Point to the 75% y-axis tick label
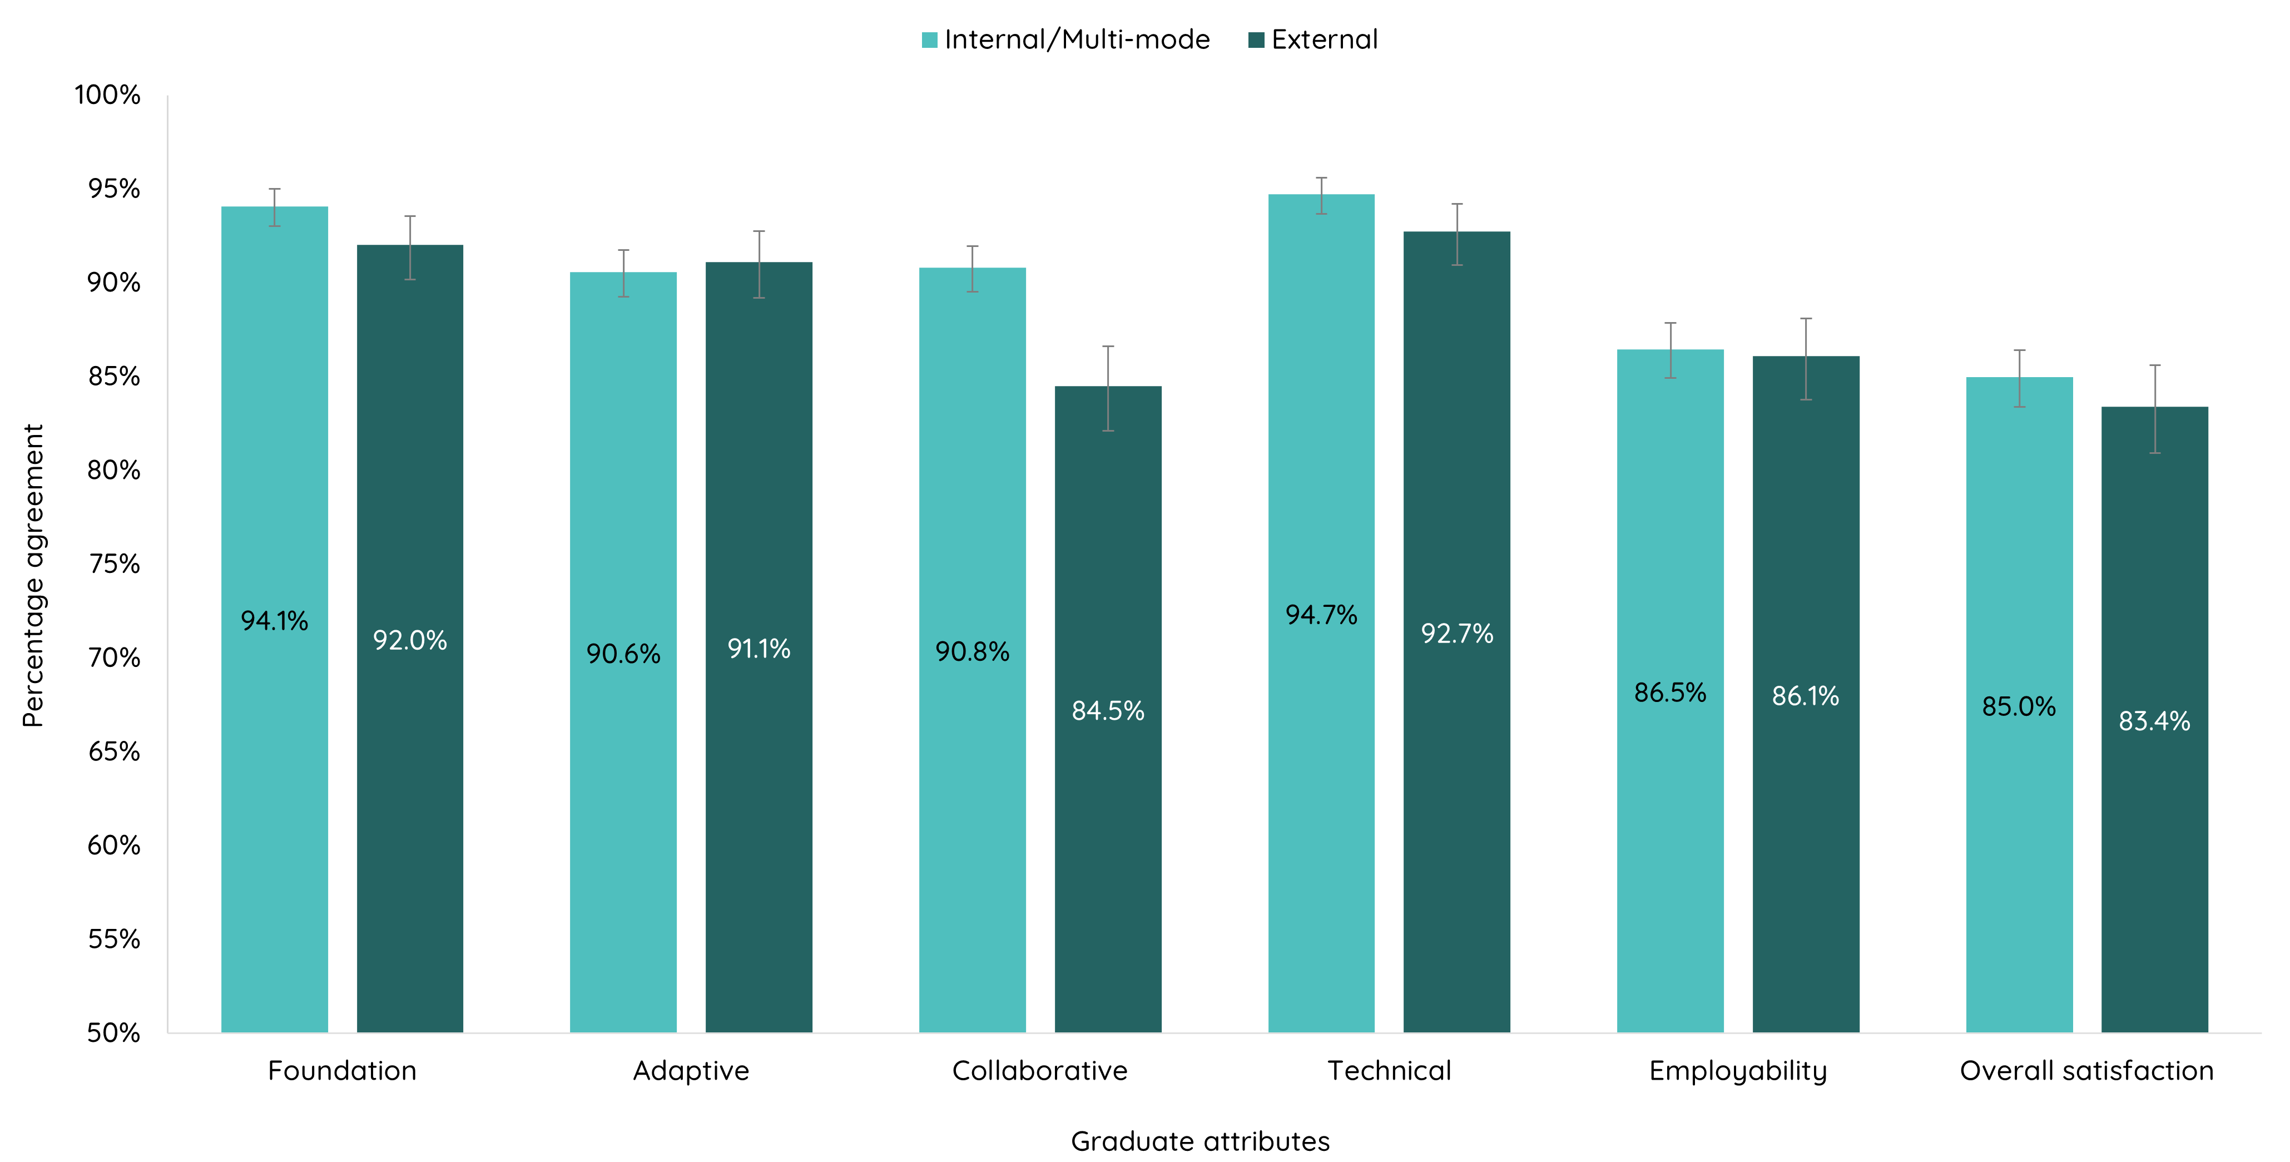pos(114,563)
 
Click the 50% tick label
pos(114,1032)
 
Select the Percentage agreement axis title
pos(33,575)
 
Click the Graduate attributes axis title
pos(1199,1141)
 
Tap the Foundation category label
pos(342,1070)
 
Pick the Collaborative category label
pos(1039,1070)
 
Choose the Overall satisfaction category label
pos(2086,1070)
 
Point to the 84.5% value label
pos(1108,710)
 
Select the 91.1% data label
pos(759,648)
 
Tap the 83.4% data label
pos(2154,720)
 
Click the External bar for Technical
pos(1456,800)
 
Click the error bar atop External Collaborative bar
pos(1108,388)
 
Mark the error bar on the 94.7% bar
pos(1321,196)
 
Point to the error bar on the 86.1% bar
pos(1806,359)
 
